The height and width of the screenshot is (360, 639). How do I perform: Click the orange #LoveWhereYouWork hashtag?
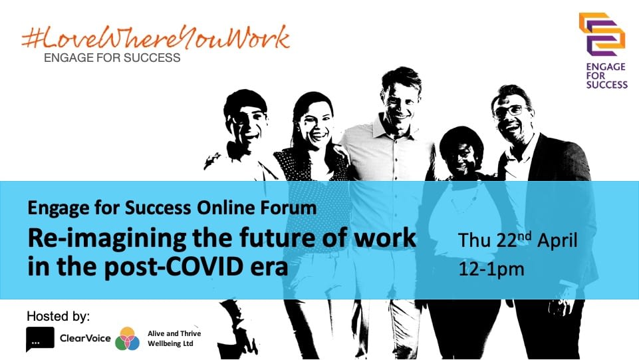point(156,38)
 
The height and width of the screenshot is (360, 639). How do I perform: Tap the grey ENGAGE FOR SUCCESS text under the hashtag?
point(112,58)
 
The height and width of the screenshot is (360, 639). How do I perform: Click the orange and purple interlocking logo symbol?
point(602,34)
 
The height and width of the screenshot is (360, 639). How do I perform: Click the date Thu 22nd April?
point(518,240)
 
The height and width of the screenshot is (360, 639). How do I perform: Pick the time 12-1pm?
point(491,270)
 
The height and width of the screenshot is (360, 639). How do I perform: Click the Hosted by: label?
point(59,316)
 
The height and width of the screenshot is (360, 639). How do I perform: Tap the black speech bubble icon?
point(40,339)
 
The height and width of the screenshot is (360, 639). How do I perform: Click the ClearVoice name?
point(85,338)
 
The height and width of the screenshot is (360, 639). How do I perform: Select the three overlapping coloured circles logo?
point(128,339)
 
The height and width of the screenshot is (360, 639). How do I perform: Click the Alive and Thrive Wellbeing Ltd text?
point(174,339)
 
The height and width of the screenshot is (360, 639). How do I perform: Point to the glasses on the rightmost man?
point(508,111)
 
